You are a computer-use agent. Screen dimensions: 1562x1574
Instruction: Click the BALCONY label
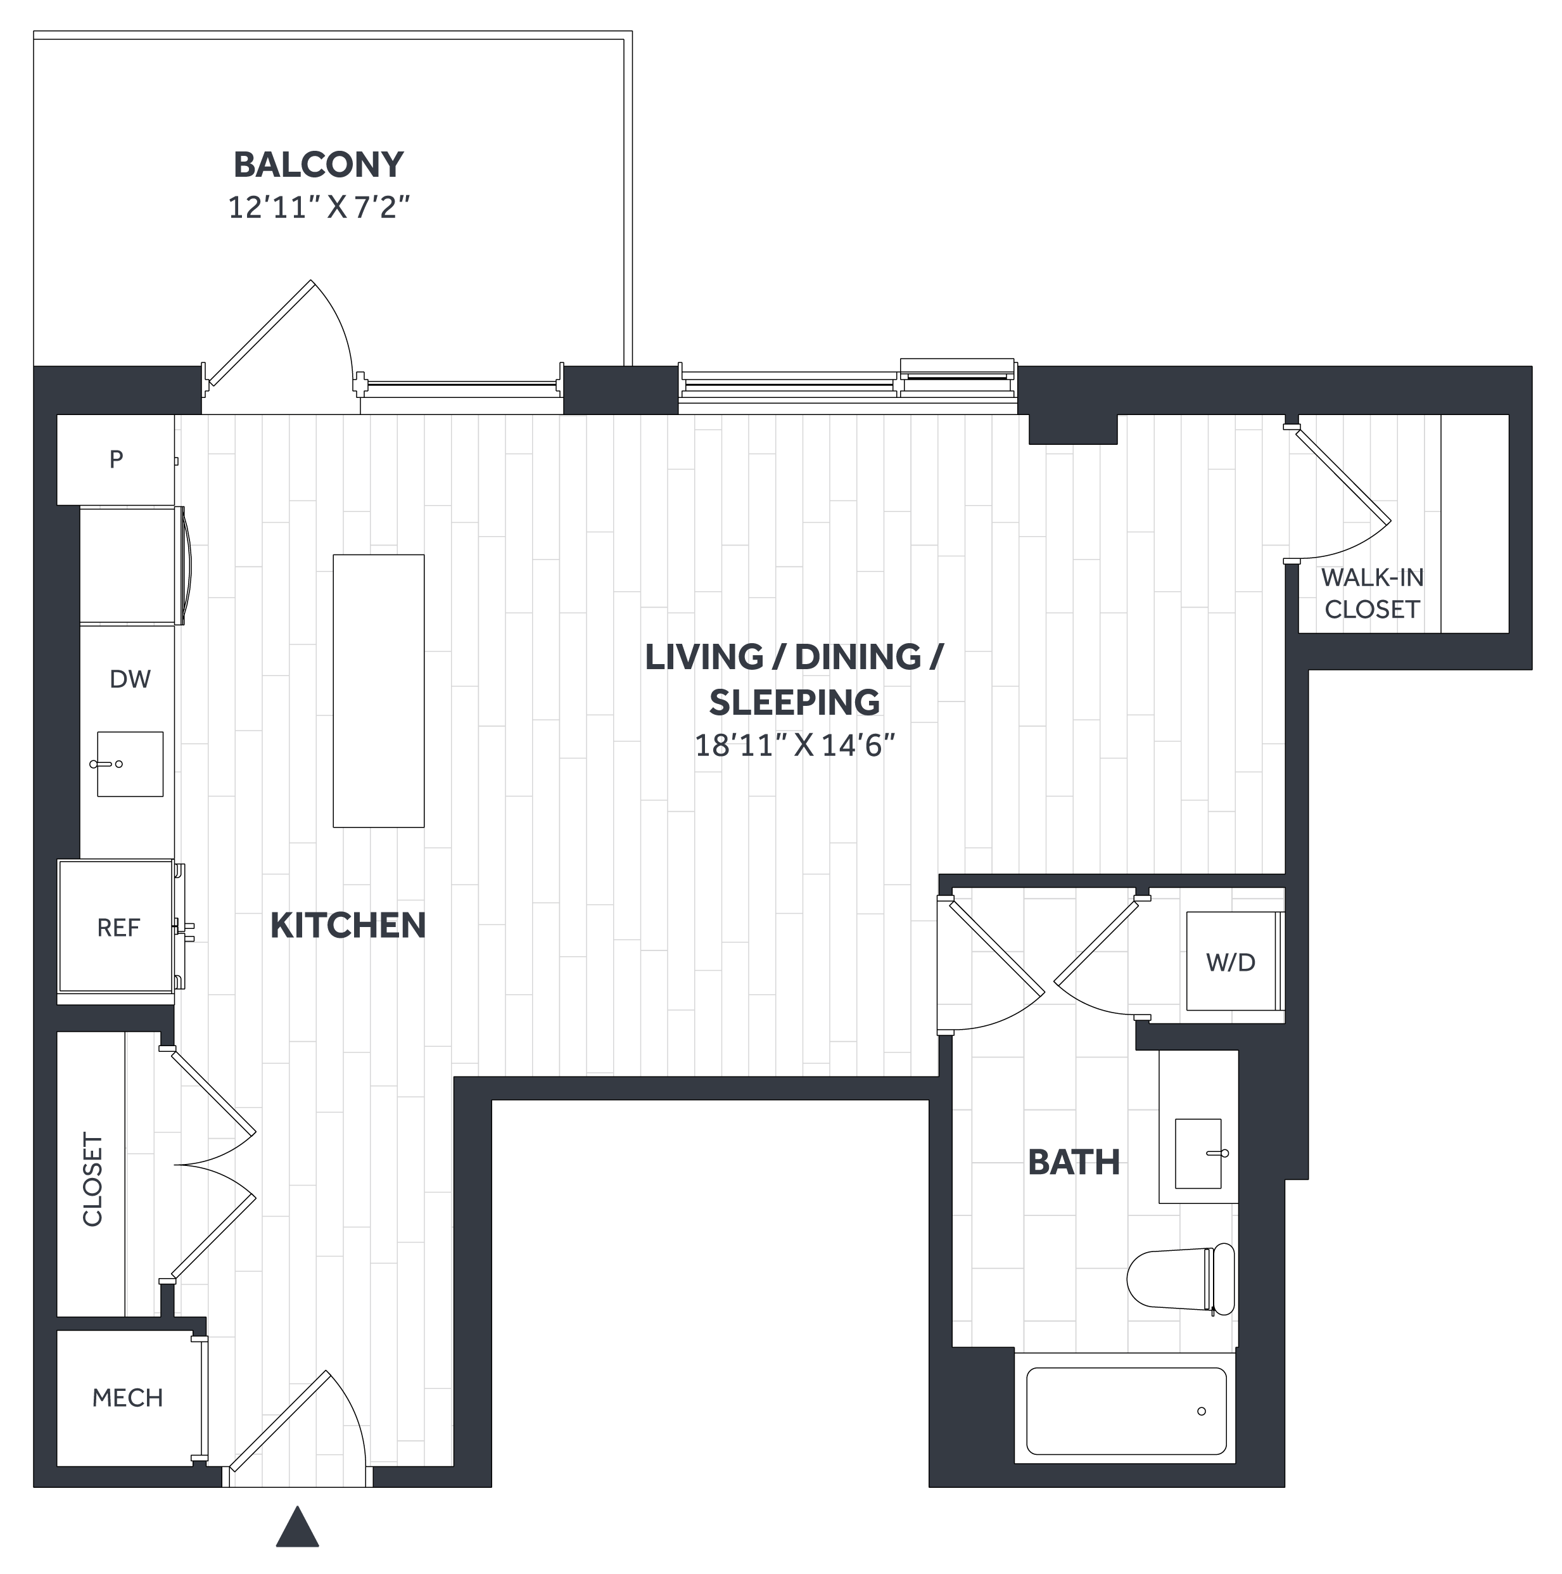click(x=319, y=165)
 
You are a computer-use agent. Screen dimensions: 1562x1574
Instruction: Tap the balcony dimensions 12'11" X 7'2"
click(x=319, y=207)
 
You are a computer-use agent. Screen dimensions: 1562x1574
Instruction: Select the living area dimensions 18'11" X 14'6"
click(x=795, y=745)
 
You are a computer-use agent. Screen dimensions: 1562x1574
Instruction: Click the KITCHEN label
click(x=348, y=926)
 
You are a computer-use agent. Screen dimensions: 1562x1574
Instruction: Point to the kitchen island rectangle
click(x=379, y=691)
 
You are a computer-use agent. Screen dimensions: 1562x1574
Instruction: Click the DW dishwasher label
click(x=130, y=679)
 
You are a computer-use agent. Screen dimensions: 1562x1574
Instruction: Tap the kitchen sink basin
click(x=130, y=764)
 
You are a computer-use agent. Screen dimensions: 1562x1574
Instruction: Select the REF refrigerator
click(x=117, y=926)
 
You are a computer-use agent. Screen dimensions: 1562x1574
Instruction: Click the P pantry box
click(x=116, y=459)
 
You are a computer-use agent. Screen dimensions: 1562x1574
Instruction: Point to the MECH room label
click(x=128, y=1398)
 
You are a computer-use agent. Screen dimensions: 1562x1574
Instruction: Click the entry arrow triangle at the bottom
click(x=297, y=1526)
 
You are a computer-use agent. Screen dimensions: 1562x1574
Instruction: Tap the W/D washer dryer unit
click(x=1231, y=961)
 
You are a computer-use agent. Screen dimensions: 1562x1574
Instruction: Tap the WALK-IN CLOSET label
click(x=1372, y=593)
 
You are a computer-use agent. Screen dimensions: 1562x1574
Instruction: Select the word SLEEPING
click(x=795, y=702)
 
